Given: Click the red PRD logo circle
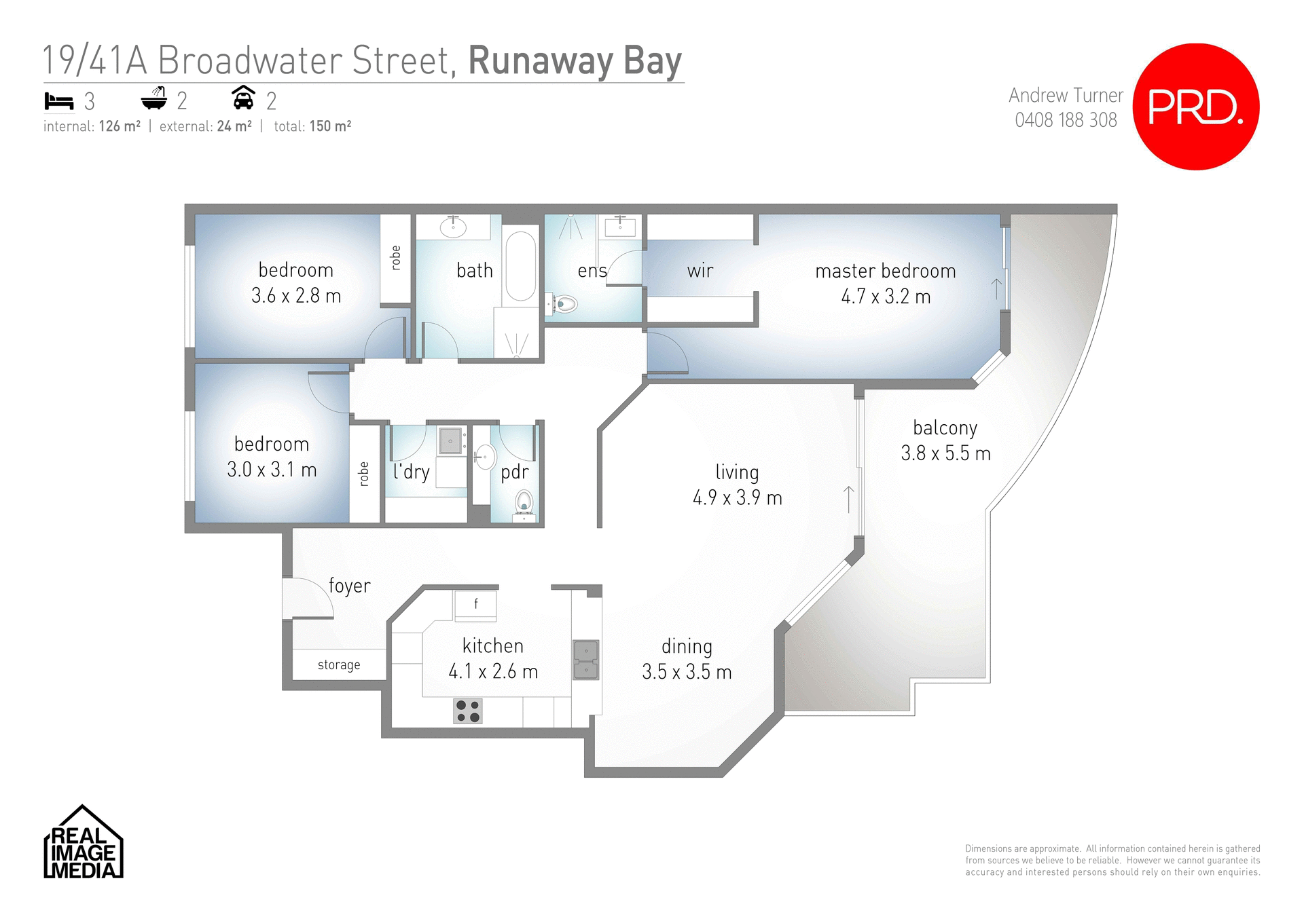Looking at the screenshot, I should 1196,107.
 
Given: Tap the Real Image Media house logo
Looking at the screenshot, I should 83,843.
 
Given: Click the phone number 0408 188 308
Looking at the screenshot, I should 1066,120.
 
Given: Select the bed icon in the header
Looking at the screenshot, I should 58,101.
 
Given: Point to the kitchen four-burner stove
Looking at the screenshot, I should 468,711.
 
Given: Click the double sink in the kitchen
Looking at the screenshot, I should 585,660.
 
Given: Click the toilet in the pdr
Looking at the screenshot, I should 524,503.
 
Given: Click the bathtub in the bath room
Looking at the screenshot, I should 521,267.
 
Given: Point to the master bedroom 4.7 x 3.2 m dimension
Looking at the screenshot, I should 886,297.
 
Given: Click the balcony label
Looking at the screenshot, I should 945,428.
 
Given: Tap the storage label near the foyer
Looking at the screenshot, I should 339,665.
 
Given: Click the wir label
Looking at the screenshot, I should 700,271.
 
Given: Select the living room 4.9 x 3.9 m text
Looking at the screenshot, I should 738,497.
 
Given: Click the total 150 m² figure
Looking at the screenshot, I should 330,126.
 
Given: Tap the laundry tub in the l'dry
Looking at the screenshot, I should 450,441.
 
